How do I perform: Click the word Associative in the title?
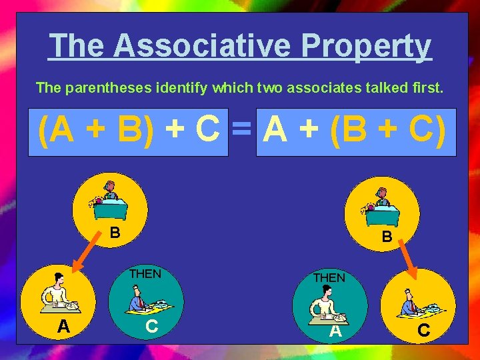[203, 46]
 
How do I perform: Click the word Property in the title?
[366, 46]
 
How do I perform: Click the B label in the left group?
[115, 233]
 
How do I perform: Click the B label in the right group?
[387, 236]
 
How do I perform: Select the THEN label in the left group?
[145, 273]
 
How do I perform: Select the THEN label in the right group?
[329, 277]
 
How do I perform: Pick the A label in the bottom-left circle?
[63, 326]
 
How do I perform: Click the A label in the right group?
[335, 331]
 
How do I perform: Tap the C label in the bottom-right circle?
[423, 331]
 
